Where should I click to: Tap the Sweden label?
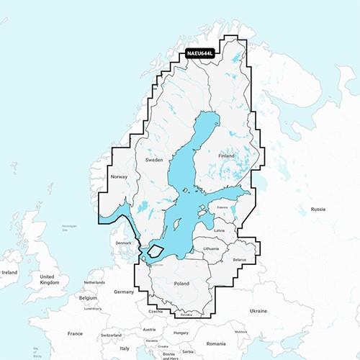tap(155, 159)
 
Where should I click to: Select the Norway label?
tap(119, 176)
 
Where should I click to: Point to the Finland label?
tap(227, 156)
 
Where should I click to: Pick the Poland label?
tap(181, 284)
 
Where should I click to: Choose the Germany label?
tap(124, 292)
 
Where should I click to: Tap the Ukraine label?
tap(258, 310)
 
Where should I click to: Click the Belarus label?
tap(240, 259)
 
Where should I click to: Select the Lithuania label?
tap(211, 248)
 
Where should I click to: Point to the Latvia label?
tap(220, 230)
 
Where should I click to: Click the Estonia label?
tap(222, 208)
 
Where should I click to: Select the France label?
tap(75, 333)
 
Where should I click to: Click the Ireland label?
tap(9, 273)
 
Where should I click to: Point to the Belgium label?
tap(88, 297)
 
